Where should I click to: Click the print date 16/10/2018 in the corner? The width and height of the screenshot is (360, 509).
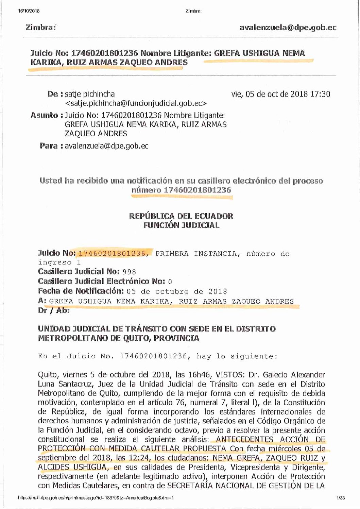tap(29, 11)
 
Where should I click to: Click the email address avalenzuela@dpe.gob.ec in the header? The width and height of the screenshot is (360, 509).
tap(288, 28)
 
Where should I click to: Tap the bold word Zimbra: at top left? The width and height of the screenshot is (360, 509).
tap(40, 28)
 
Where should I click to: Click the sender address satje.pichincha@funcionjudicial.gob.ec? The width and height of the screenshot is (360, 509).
tap(136, 103)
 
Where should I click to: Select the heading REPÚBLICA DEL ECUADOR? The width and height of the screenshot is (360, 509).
tap(181, 216)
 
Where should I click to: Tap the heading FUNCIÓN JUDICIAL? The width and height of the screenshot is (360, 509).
tap(181, 225)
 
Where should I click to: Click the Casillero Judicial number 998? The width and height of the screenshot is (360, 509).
tap(129, 272)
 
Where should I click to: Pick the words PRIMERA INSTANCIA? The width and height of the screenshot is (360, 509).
tap(195, 254)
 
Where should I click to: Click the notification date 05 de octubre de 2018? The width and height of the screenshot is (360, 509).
tap(177, 292)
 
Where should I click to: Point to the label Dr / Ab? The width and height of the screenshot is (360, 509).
tap(54, 310)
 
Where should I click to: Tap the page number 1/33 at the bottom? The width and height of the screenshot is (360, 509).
tap(341, 498)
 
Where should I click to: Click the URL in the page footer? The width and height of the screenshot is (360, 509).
tap(96, 498)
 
